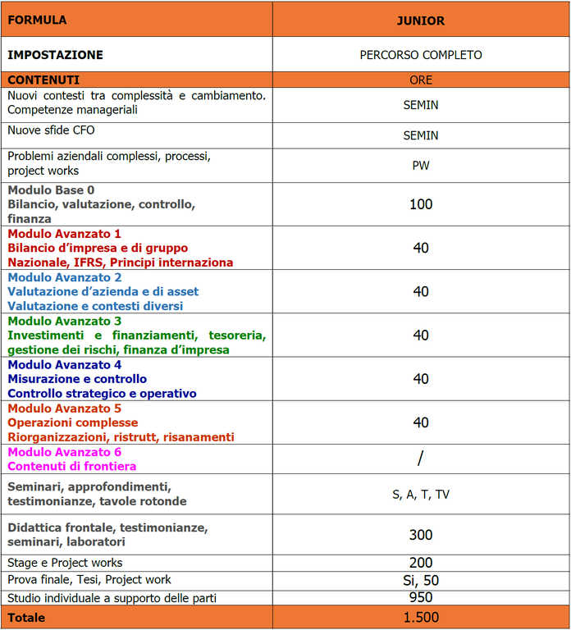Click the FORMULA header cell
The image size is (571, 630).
click(x=37, y=20)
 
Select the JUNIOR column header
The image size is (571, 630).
click(x=421, y=21)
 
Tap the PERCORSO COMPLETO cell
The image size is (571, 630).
click(x=421, y=55)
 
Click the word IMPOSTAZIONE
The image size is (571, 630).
click(x=56, y=55)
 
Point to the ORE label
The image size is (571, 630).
click(x=421, y=80)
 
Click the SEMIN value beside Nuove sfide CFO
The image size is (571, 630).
click(x=421, y=135)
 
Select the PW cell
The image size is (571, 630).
click(x=421, y=165)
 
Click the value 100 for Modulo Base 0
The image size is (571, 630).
click(x=421, y=204)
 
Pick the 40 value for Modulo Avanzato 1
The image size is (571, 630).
click(x=421, y=248)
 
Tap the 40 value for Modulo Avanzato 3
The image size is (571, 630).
click(x=421, y=336)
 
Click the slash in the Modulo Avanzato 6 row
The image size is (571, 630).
click(x=421, y=459)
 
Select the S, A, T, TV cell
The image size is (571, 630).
click(x=421, y=494)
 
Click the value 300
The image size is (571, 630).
click(x=421, y=535)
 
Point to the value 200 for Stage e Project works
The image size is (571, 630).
click(x=421, y=563)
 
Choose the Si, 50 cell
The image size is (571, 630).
click(x=421, y=580)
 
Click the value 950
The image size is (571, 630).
click(x=421, y=597)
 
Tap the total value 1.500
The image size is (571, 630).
click(x=421, y=617)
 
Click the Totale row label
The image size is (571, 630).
click(x=26, y=617)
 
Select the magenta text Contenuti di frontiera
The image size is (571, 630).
click(x=72, y=466)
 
